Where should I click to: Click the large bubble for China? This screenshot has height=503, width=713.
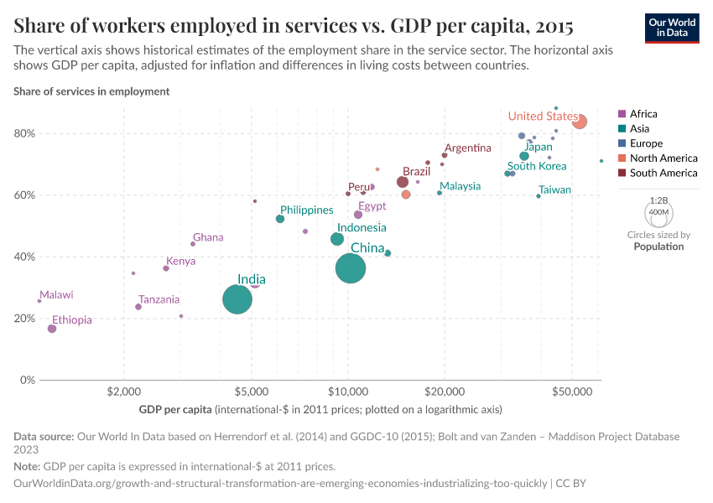(351, 268)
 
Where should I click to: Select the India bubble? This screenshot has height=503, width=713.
(237, 299)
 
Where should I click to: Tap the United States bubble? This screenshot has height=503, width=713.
(579, 122)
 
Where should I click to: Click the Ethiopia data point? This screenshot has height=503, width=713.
(52, 329)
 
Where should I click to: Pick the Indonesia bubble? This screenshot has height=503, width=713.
(337, 239)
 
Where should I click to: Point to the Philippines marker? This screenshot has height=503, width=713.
(280, 219)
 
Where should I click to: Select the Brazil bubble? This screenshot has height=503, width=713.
(403, 182)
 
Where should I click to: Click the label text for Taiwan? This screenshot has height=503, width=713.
(554, 190)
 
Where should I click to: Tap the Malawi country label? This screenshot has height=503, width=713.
(56, 295)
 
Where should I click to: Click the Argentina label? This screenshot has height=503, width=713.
(467, 148)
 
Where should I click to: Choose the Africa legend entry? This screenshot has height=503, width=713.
(643, 114)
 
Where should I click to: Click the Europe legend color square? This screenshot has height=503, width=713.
(622, 143)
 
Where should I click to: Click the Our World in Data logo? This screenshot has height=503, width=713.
(671, 28)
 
